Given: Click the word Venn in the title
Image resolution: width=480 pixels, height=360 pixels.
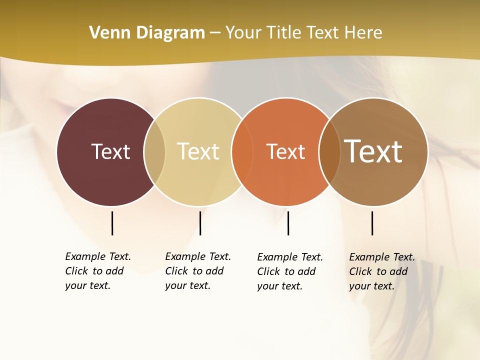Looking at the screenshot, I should [x=106, y=32].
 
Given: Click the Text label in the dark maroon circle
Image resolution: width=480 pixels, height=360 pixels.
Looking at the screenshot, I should [x=110, y=151].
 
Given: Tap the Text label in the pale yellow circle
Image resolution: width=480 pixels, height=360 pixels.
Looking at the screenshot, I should [x=198, y=151].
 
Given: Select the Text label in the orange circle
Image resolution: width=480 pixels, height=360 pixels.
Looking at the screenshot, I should [x=285, y=151].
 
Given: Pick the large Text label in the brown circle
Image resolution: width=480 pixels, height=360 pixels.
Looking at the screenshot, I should [x=373, y=151].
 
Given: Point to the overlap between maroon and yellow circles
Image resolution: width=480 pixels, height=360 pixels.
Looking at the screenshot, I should [x=154, y=152].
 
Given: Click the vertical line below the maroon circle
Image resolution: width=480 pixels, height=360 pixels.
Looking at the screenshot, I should [x=112, y=223].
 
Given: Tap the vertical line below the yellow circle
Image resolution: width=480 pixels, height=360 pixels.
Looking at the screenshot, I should [x=200, y=223].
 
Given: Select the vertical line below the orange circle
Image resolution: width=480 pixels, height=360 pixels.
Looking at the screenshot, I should [x=288, y=223].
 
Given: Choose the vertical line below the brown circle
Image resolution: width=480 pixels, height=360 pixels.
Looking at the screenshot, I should [x=372, y=223].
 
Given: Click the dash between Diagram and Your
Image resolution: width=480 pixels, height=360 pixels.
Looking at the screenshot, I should [x=215, y=33].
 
